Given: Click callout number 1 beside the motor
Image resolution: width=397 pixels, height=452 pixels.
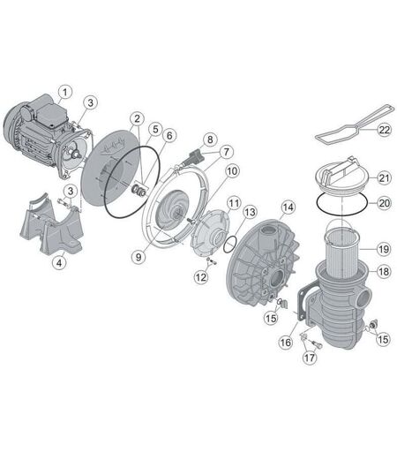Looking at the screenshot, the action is (65, 92).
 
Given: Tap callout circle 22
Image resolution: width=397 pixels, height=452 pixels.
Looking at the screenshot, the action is (384, 130).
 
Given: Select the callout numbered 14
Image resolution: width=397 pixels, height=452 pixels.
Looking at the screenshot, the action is (288, 207).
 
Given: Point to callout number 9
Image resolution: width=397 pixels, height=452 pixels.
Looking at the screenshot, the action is (139, 257).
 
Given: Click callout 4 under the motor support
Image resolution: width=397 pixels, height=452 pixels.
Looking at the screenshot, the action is (59, 262).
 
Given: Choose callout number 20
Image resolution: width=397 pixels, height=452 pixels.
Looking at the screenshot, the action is (384, 203).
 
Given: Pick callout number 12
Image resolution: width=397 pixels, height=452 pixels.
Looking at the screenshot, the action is (201, 276).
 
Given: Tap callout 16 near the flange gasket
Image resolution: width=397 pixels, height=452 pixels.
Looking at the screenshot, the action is (285, 342).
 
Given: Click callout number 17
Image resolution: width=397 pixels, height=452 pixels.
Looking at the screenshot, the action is (309, 358).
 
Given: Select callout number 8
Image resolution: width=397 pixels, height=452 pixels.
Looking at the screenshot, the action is (210, 139).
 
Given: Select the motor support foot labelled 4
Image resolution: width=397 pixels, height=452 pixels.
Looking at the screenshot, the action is (53, 227).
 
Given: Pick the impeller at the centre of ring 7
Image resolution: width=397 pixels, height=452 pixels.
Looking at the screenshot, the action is (171, 210).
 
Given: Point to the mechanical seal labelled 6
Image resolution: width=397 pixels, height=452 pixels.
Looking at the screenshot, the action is (139, 190).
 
